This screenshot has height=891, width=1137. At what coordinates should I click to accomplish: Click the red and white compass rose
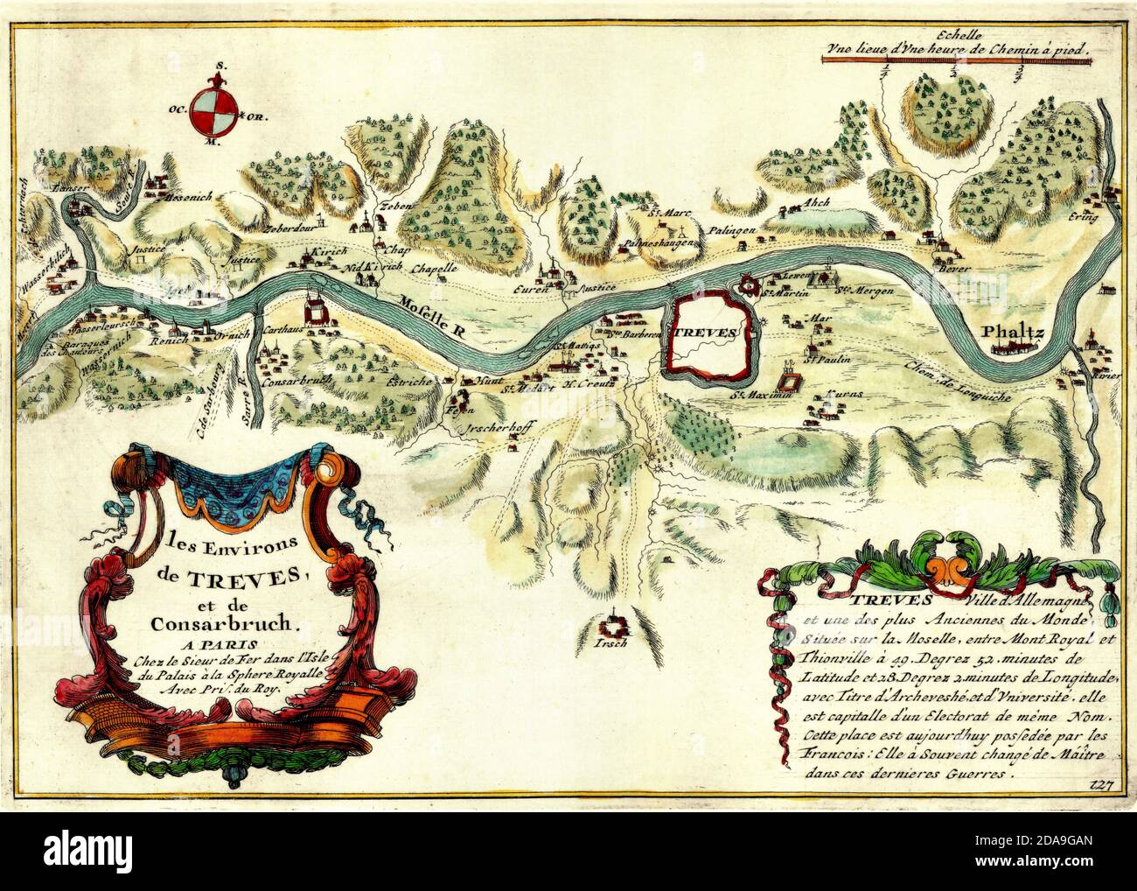click(x=213, y=109)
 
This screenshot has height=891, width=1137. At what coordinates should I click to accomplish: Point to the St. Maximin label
click(x=761, y=396)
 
